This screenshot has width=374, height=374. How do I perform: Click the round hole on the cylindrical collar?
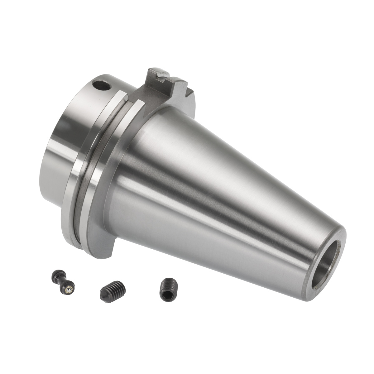(103, 85)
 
